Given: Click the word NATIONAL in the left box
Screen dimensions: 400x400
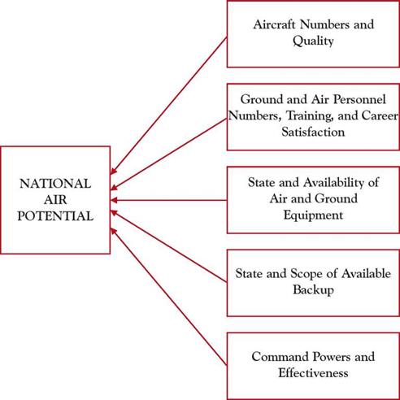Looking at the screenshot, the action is click(x=55, y=184).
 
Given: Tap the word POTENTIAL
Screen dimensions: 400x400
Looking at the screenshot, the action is click(x=55, y=216).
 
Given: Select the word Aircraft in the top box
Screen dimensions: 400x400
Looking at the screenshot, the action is click(x=274, y=24).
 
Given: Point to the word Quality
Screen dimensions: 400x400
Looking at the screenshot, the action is click(x=313, y=41).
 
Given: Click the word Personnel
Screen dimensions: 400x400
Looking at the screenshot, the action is click(x=359, y=99).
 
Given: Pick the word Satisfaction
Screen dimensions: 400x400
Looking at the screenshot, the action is click(x=313, y=132).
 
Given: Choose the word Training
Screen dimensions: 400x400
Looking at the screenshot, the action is click(x=310, y=116).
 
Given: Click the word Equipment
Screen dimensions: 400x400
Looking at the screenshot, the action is click(x=313, y=215).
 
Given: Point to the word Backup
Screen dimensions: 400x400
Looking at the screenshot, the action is click(x=313, y=289).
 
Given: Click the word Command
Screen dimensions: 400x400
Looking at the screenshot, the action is click(x=278, y=356).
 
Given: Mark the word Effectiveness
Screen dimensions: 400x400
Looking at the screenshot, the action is click(x=313, y=373).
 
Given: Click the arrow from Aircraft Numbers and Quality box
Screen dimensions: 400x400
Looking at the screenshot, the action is click(x=169, y=106).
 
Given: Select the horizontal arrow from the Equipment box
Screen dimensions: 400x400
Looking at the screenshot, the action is click(x=169, y=200).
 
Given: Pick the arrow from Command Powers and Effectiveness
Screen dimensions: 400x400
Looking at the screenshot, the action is click(x=169, y=297).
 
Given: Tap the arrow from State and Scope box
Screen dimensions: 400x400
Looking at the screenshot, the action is click(x=169, y=246).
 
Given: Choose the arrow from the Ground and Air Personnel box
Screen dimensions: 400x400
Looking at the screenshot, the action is click(x=169, y=154).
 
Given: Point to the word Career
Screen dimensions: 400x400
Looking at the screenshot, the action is click(x=380, y=115).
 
